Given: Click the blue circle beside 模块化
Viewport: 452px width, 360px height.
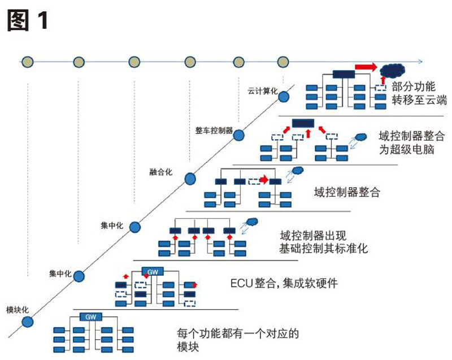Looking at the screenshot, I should (x=28, y=322).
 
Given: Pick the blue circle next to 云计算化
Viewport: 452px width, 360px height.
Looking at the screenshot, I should (x=284, y=97).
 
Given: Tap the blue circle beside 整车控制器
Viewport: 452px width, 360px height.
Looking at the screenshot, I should (x=238, y=136).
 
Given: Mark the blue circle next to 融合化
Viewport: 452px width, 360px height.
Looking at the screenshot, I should (x=190, y=179).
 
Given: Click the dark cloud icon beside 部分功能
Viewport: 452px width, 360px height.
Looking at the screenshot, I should (x=393, y=71).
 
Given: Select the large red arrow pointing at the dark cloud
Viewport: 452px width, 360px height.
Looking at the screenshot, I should (x=366, y=67).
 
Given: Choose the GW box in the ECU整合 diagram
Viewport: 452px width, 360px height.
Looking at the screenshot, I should (x=152, y=272).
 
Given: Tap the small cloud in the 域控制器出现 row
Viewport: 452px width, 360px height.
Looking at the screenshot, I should (x=252, y=221).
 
